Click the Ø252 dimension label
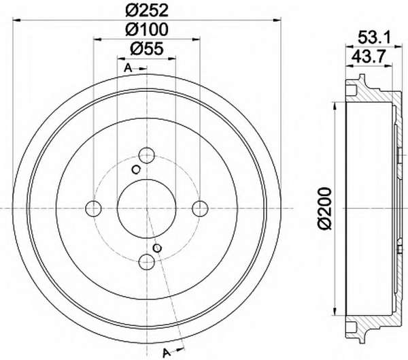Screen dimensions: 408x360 coord(147,11)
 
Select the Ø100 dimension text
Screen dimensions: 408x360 coord(147,29)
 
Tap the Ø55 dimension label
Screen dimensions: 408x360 coord(147,48)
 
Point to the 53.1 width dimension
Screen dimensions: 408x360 coord(375,37)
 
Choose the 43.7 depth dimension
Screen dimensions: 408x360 coord(367,56)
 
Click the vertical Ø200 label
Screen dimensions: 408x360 coord(325,208)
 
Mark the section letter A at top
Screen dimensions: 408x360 coord(128,68)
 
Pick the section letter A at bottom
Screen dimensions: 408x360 coord(166,353)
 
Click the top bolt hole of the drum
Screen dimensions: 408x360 coord(147,155)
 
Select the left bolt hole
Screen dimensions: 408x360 coord(93,208)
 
